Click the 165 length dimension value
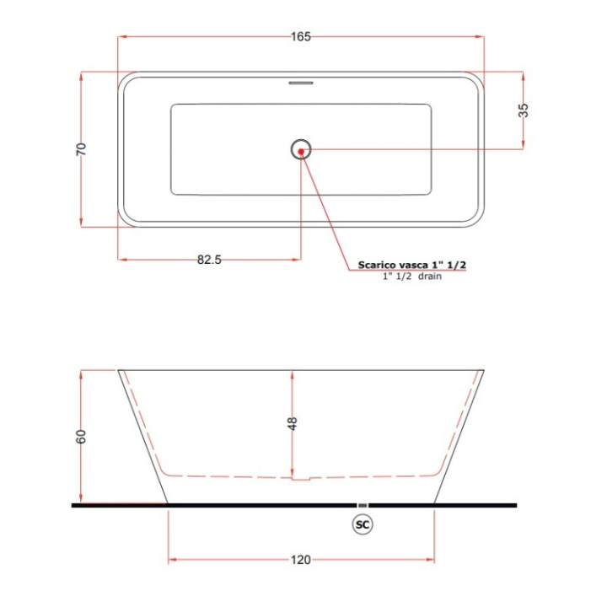pos(301,37)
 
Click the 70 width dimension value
pos(81,149)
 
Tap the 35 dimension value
pos(523,110)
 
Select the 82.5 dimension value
pos(209,260)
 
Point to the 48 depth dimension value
pos(293,423)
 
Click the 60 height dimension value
pos(81,437)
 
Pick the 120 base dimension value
pos(301,560)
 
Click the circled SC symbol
pos(363,524)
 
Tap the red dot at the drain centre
pos(301,152)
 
